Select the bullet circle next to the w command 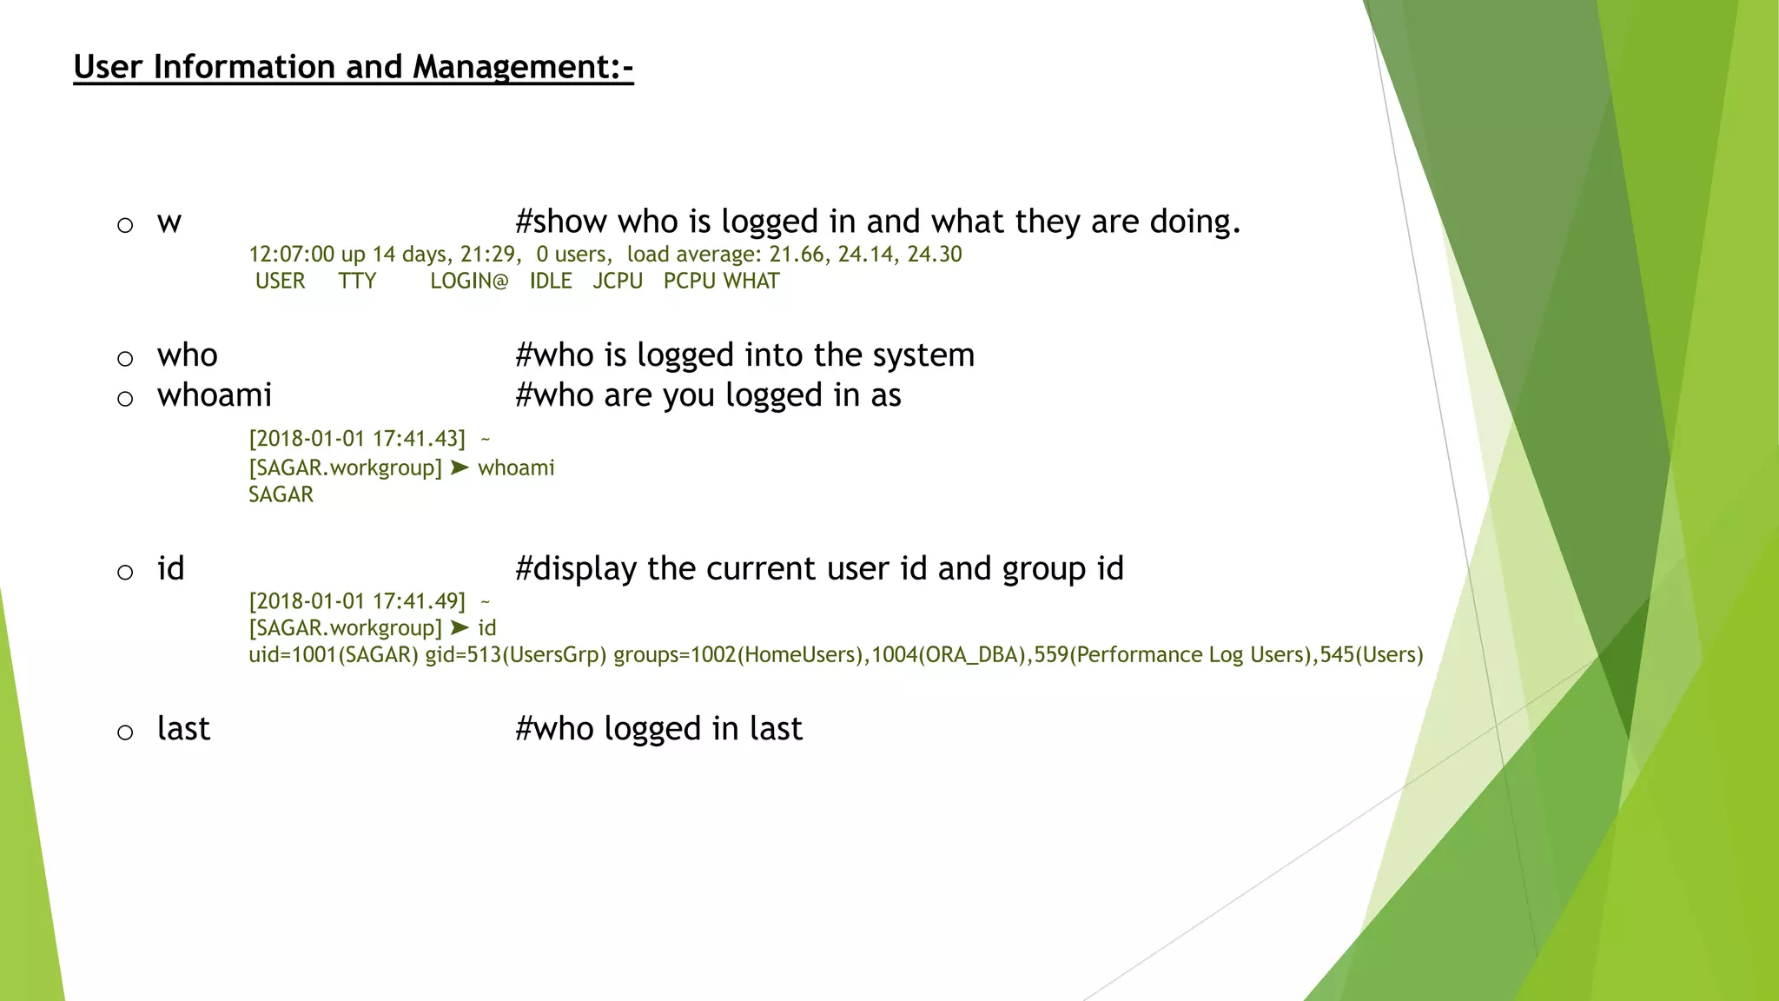(x=125, y=226)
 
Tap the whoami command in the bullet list (x=214, y=395)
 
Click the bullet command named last (x=183, y=728)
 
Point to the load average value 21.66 (x=797, y=255)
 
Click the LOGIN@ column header (x=469, y=282)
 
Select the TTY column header (x=357, y=282)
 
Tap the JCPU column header (x=618, y=282)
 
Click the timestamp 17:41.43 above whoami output (x=419, y=439)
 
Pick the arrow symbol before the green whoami (x=460, y=467)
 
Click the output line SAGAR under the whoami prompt (x=281, y=494)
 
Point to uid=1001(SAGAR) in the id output (x=334, y=654)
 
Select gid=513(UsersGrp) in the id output (x=515, y=654)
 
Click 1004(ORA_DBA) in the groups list (x=949, y=654)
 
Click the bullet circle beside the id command (x=125, y=573)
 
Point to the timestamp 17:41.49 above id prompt (x=419, y=601)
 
